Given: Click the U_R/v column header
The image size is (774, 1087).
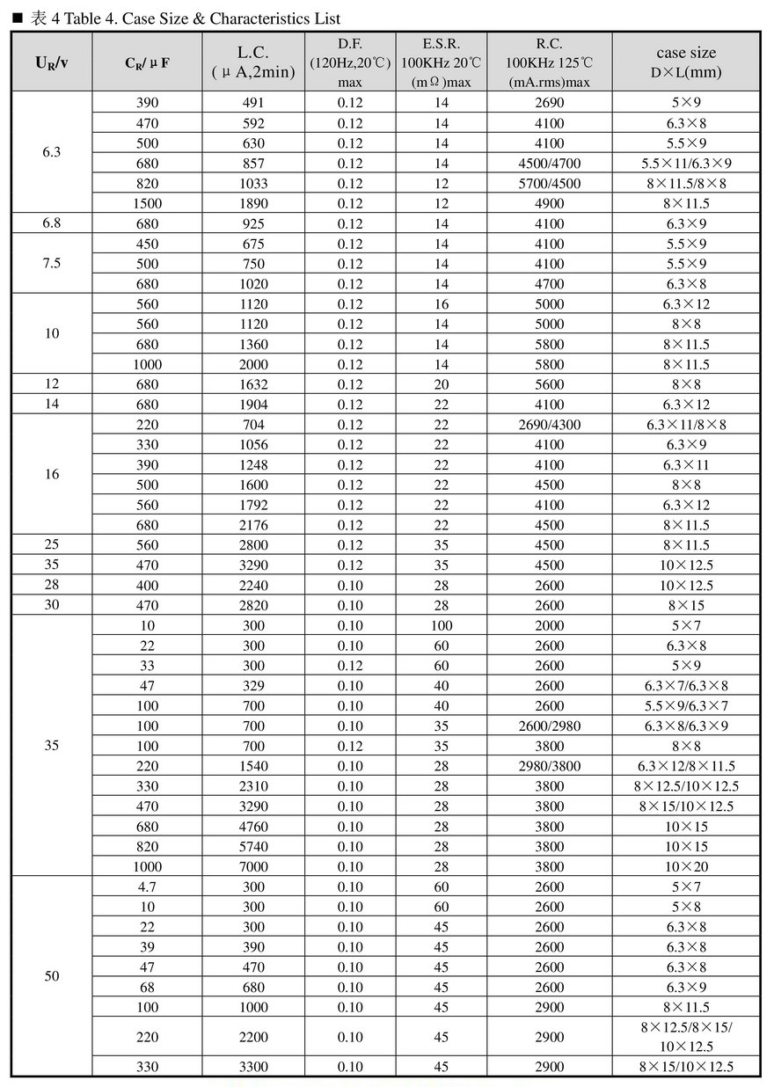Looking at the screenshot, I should (x=52, y=62).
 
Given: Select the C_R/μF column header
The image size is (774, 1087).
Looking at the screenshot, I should (x=147, y=62).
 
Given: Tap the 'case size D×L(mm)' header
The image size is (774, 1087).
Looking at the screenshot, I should (x=686, y=62).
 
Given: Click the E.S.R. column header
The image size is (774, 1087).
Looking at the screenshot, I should (x=442, y=62).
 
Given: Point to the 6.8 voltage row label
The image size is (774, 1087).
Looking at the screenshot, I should (x=52, y=223).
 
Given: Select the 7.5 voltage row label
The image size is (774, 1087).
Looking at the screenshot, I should (x=52, y=263).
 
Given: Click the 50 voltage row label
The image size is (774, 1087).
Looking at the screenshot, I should (x=52, y=976).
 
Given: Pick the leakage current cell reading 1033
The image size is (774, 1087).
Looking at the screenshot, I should (x=253, y=184).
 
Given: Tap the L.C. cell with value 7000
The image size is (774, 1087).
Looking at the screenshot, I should (x=253, y=866).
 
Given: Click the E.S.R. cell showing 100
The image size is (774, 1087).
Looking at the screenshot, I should (x=442, y=625).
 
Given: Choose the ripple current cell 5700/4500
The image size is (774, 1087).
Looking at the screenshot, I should (x=550, y=184).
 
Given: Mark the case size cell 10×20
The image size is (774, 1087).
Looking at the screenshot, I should (x=686, y=866).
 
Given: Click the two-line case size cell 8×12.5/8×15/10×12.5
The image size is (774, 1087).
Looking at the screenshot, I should (x=686, y=1037).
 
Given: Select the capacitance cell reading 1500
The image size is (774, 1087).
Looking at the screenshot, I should (x=147, y=204).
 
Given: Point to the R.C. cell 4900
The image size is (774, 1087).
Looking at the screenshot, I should (x=550, y=204).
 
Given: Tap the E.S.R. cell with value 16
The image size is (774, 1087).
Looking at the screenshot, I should (x=442, y=304).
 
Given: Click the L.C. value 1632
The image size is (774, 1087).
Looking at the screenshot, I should (x=253, y=384).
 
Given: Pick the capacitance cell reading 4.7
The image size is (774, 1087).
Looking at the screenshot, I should (x=147, y=886).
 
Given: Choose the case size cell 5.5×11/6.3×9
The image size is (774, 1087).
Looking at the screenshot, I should (x=686, y=164).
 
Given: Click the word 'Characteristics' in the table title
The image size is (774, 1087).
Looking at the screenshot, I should (x=255, y=18).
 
